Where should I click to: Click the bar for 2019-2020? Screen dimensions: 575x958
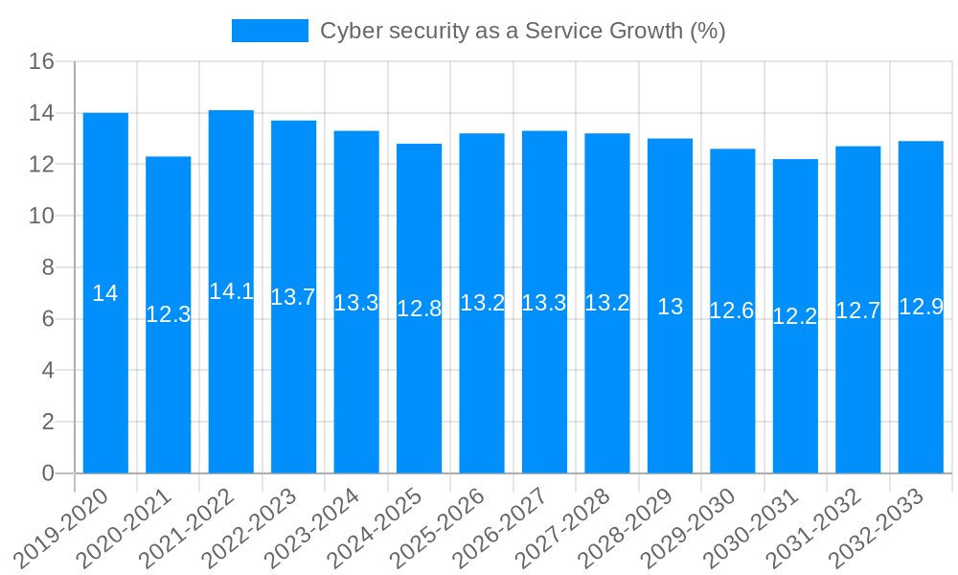(x=105, y=293)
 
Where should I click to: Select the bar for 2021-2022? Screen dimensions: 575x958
(x=231, y=291)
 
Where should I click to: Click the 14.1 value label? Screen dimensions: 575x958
(x=231, y=291)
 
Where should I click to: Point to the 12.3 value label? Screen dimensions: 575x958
(x=169, y=314)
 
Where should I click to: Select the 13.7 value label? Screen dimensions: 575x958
(x=293, y=297)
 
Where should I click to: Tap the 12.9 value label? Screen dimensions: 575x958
(x=921, y=307)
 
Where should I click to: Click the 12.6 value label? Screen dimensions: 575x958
(x=732, y=310)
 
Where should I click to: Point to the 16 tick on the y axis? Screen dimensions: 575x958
(x=41, y=62)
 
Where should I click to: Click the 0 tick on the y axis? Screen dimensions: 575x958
(x=48, y=473)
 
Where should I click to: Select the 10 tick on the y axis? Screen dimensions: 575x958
(x=41, y=217)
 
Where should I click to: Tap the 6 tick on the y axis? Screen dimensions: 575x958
(x=48, y=319)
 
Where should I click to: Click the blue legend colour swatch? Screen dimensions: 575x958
(x=269, y=31)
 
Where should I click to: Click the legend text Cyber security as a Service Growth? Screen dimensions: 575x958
(x=522, y=31)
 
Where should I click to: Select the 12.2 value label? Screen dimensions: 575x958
(x=795, y=316)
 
